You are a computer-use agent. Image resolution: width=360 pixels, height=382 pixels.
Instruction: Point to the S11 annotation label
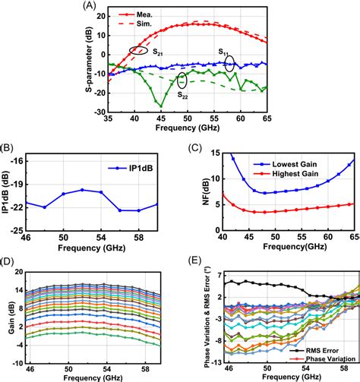(x=226, y=52)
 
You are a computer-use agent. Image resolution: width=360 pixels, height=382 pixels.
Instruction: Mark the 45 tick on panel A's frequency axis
(x=160, y=120)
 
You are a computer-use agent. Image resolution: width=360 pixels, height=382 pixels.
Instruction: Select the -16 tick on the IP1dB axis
(x=14, y=161)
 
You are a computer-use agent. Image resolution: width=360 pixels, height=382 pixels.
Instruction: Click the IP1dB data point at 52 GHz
(x=82, y=190)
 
